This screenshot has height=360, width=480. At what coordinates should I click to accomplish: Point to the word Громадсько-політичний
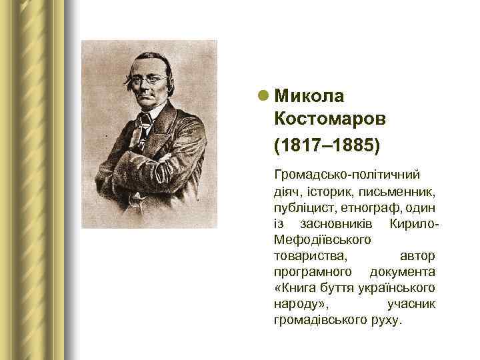click(x=346, y=175)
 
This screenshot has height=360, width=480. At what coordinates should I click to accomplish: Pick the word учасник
click(x=411, y=303)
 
